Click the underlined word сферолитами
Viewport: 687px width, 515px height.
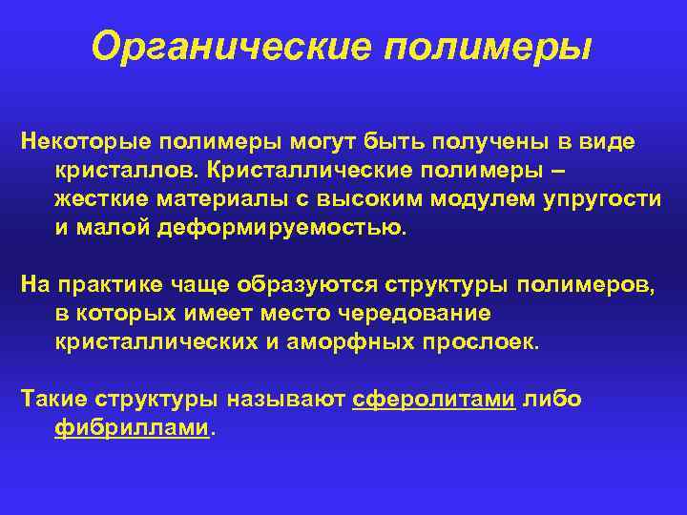(434, 400)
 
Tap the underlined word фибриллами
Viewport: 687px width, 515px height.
(132, 428)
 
